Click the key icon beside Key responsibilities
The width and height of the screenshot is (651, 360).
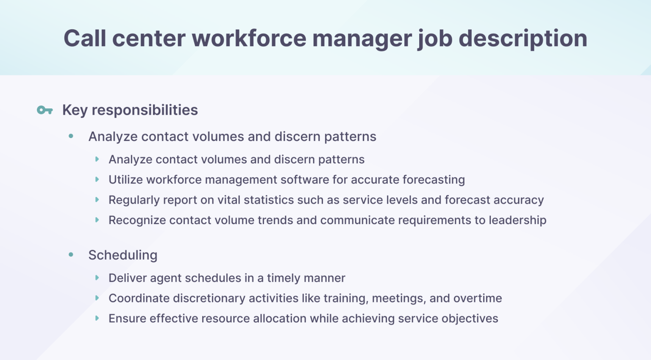(x=45, y=111)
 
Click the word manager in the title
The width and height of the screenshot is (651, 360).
(x=362, y=39)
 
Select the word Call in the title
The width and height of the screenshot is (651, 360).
(x=85, y=39)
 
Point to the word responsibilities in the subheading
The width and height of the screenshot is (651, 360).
(x=145, y=110)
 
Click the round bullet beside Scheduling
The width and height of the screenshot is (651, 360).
(x=71, y=255)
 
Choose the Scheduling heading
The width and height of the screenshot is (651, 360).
(x=122, y=255)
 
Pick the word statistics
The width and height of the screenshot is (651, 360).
(x=269, y=200)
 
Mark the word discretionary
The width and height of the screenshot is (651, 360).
(x=209, y=298)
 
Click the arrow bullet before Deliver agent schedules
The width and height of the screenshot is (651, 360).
(x=97, y=278)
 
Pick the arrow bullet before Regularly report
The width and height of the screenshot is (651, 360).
(x=97, y=200)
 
